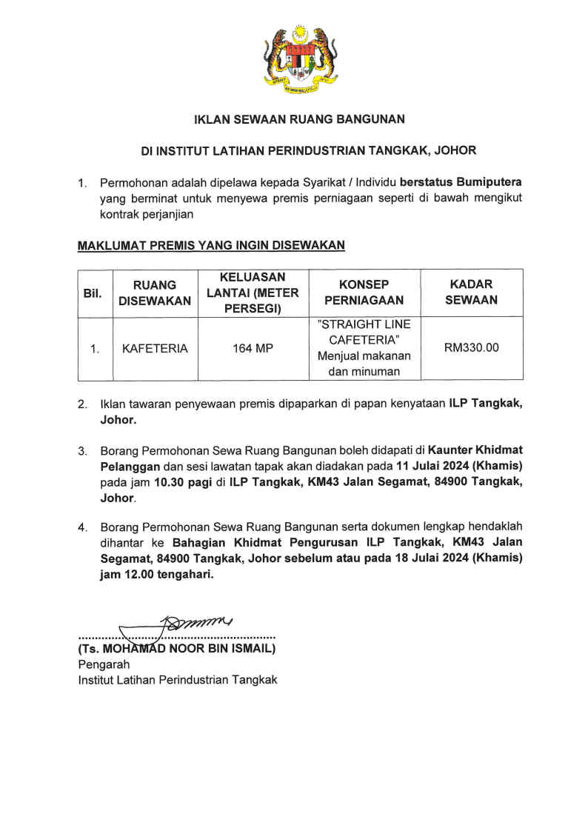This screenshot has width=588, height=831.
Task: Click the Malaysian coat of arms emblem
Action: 299,60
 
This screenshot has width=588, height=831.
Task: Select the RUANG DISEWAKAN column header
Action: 155,293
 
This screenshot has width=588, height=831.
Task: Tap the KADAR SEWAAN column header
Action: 472,293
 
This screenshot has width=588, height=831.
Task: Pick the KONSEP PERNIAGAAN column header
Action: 364,293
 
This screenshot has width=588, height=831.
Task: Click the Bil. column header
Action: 93,293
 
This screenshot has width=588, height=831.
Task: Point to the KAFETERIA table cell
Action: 155,348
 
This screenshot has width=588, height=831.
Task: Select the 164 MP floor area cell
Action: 253,348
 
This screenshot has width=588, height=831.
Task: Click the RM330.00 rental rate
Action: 472,348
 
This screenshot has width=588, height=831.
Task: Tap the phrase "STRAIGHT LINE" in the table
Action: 364,325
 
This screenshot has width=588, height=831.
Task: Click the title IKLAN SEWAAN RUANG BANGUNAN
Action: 299,119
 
